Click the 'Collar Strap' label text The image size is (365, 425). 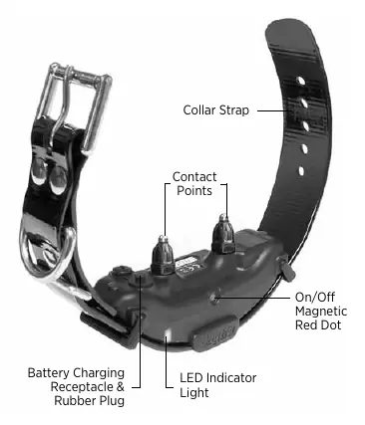point(215,110)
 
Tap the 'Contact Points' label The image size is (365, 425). point(194,183)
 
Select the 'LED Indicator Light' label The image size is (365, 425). point(218,385)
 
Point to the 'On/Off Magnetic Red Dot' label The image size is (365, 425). point(321,311)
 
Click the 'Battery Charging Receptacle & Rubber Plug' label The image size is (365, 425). point(76,386)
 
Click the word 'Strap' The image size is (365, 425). point(233,110)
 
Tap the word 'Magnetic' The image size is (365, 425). point(321,312)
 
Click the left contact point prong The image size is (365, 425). point(163,255)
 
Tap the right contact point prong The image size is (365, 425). point(223,234)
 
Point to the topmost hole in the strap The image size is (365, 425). point(301,81)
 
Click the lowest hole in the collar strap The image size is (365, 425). point(301,171)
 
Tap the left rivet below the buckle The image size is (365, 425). point(39,170)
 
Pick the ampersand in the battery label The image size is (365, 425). point(121,387)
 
